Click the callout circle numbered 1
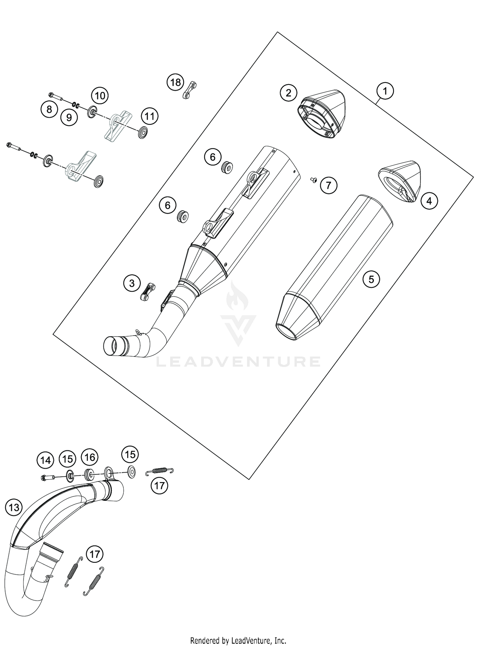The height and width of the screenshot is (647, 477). point(385,92)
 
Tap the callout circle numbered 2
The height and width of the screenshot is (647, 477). point(288,93)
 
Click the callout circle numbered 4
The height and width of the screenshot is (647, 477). point(429,201)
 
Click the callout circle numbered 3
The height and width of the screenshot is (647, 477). point(132,283)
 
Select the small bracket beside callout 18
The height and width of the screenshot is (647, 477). point(190,90)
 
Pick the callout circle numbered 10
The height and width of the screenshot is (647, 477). point(100,95)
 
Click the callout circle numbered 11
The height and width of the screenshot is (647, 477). point(150,116)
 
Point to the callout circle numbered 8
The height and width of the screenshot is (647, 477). point(49,110)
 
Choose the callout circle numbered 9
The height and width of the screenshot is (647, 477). point(69,118)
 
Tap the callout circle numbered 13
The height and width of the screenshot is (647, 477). point(14,507)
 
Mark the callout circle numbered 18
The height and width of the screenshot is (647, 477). point(175,83)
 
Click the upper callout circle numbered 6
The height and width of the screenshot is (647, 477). point(212,157)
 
